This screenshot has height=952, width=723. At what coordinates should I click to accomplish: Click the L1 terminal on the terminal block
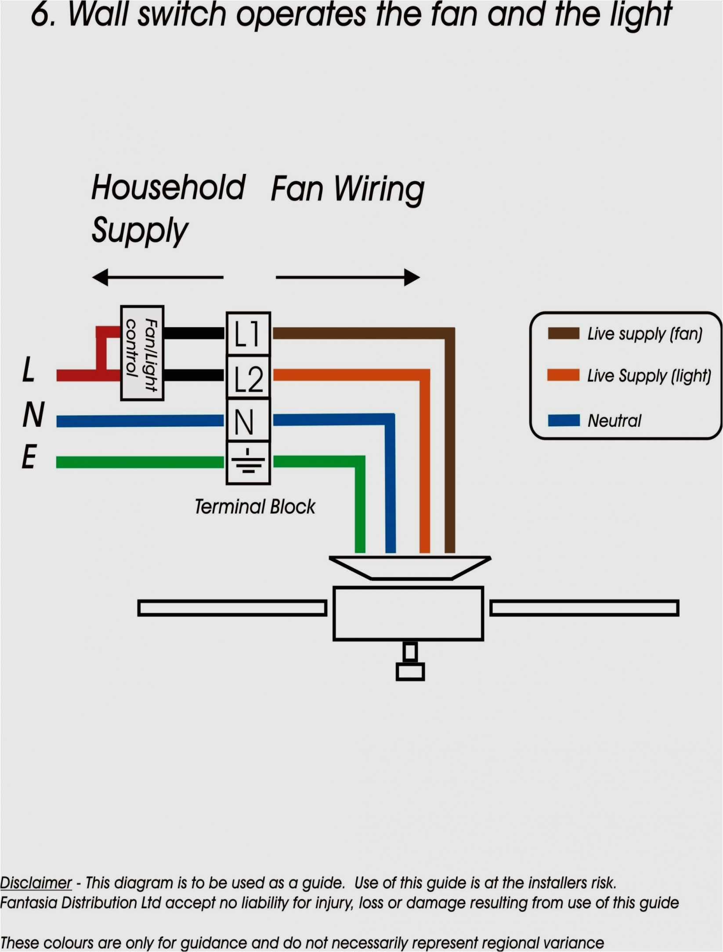(x=248, y=334)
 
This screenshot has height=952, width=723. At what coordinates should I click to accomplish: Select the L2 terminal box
(x=248, y=377)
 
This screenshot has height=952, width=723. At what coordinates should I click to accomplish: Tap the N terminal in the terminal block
(x=248, y=420)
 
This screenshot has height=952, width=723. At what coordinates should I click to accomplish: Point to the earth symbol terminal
(x=248, y=462)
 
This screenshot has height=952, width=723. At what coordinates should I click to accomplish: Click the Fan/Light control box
(x=142, y=353)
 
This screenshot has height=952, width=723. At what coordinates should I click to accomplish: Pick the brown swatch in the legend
(x=563, y=333)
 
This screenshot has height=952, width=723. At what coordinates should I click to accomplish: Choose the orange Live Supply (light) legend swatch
(x=563, y=375)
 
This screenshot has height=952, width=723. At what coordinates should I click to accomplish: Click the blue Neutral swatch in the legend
(x=563, y=420)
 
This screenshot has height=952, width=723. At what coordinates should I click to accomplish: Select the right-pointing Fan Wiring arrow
(x=347, y=278)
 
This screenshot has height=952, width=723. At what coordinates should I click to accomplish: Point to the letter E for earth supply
(x=29, y=457)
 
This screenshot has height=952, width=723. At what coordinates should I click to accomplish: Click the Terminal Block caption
(x=255, y=507)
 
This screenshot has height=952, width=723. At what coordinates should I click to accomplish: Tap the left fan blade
(x=232, y=608)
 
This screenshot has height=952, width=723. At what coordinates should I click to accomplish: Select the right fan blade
(x=584, y=608)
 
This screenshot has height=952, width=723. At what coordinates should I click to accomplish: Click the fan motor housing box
(x=408, y=613)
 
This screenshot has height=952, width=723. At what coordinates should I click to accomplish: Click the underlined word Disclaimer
(x=36, y=883)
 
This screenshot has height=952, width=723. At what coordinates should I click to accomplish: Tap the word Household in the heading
(x=168, y=188)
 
